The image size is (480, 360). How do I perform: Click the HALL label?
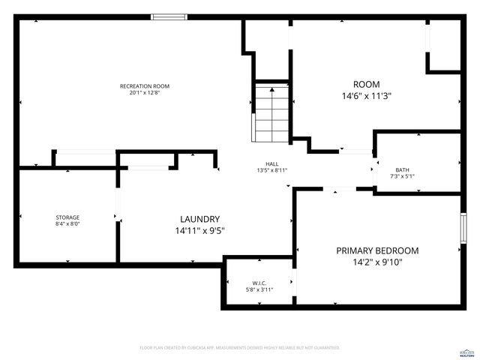point(271,164)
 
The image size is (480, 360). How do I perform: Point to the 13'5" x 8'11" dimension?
point(271,171)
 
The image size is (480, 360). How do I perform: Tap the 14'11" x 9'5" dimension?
point(195,230)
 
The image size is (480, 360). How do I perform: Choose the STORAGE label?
point(67,217)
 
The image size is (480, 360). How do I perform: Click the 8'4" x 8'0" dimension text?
point(67,224)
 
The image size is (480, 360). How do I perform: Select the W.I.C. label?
point(259,283)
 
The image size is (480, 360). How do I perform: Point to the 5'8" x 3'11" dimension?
point(259,289)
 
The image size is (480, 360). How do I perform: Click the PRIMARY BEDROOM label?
point(377,250)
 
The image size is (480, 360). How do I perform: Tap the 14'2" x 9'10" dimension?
point(377,262)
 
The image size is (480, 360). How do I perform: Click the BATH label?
point(403,169)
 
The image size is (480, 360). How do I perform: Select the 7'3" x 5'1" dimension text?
point(403,176)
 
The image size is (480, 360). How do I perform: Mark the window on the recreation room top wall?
point(169,16)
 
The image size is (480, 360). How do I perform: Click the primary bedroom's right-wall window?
point(463,226)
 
